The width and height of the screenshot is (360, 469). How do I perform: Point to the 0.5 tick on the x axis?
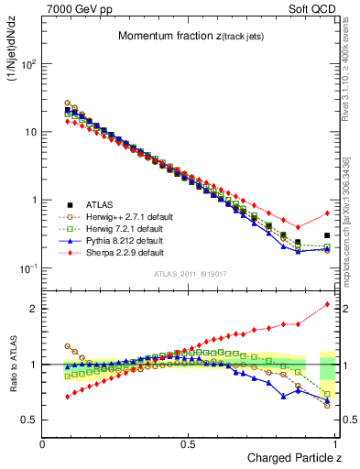(189, 443)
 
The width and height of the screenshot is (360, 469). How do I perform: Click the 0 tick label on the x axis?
(43, 443)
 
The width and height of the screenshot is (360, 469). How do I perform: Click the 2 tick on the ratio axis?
(33, 309)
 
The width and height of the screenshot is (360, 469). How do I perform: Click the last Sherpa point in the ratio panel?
(327, 304)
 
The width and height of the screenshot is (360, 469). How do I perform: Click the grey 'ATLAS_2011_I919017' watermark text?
(189, 276)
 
